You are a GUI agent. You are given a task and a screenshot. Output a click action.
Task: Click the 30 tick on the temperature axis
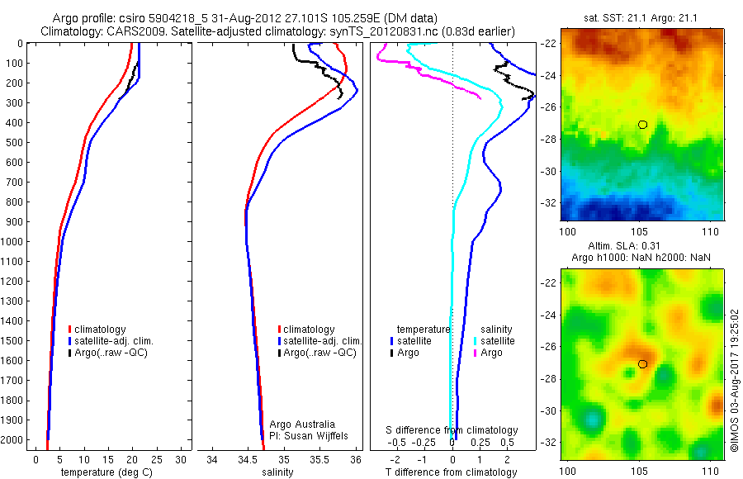point(182,460)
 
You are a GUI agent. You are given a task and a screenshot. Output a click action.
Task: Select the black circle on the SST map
point(642,124)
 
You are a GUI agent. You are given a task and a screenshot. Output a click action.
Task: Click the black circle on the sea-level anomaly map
point(642,364)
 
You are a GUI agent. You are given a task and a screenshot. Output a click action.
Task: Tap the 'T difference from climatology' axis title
point(451,472)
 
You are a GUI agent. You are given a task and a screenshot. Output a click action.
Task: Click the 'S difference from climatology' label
point(452,430)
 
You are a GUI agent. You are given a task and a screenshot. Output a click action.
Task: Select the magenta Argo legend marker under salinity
point(475,353)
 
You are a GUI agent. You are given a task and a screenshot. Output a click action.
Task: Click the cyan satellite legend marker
point(475,341)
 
